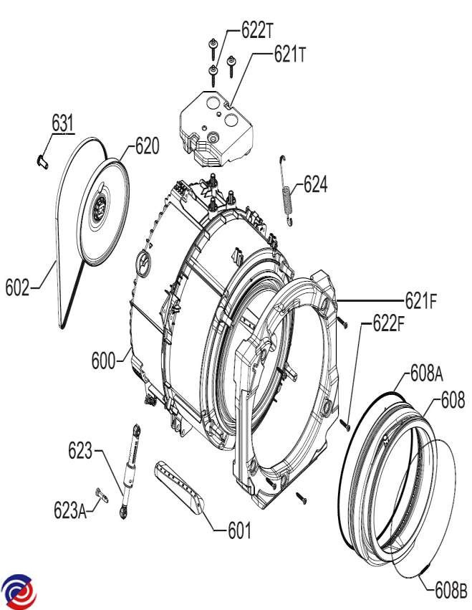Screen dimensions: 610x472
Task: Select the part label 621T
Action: coord(289,54)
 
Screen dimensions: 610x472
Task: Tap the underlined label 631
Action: coord(62,123)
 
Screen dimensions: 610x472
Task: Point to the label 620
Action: coord(147,146)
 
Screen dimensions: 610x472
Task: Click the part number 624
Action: coord(315,184)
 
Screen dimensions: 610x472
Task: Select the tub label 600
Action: coord(104,361)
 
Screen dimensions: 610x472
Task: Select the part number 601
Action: coord(239,531)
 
